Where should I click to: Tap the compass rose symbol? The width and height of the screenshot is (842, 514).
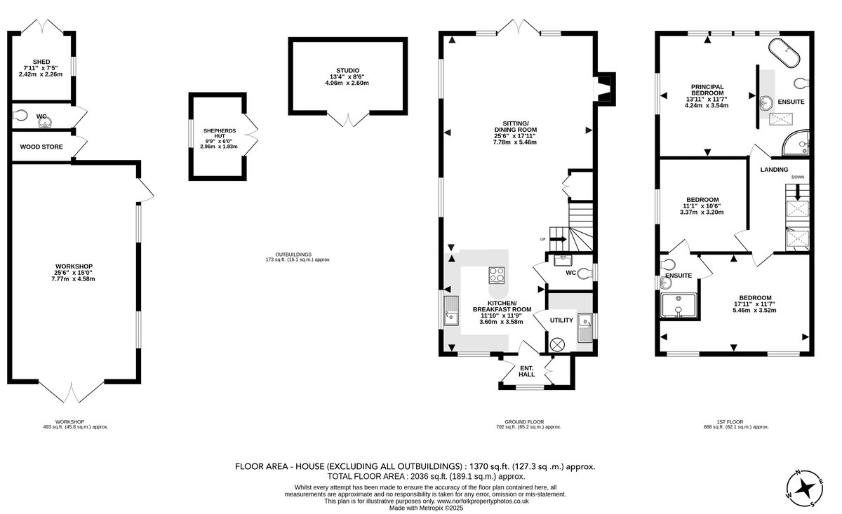[x=805, y=488]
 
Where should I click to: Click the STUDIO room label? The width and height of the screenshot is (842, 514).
[x=347, y=70]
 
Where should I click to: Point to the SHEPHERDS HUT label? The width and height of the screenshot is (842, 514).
[x=220, y=133]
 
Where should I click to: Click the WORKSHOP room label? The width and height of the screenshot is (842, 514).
[x=74, y=266]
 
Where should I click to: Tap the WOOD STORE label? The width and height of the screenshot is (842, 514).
[x=41, y=147]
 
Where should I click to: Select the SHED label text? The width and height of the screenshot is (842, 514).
[x=41, y=62]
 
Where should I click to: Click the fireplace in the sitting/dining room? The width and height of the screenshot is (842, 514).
[x=604, y=88]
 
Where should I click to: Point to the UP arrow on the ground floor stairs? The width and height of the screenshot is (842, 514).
[x=559, y=239]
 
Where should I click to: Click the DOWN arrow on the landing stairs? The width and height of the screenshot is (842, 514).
[x=797, y=192]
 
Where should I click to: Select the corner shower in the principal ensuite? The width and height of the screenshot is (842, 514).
[x=796, y=143]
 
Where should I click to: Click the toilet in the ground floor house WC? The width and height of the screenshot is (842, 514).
[x=584, y=273]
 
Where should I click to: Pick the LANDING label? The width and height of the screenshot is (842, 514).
[x=774, y=170]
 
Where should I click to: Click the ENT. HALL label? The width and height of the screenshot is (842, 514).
[x=527, y=371]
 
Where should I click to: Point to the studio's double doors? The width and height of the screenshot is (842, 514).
[x=348, y=119]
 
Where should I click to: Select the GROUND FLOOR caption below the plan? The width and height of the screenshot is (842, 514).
[x=524, y=422]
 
